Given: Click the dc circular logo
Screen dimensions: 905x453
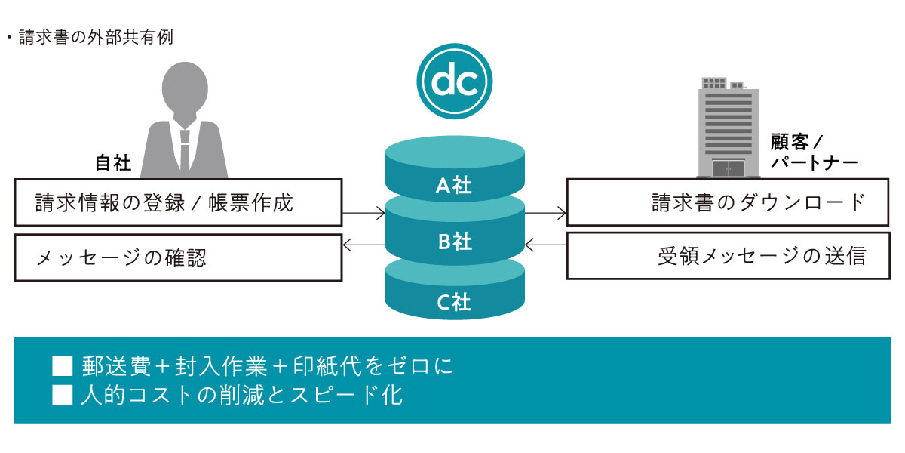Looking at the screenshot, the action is pyautogui.click(x=455, y=82).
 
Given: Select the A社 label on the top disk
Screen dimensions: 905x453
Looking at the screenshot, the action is pyautogui.click(x=454, y=185).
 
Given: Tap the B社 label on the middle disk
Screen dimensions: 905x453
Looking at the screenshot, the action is pyautogui.click(x=455, y=242).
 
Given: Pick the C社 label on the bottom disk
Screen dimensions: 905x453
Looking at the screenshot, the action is pyautogui.click(x=454, y=302).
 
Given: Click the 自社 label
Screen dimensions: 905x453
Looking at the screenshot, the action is pyautogui.click(x=113, y=163).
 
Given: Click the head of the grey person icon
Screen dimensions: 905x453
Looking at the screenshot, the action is pyautogui.click(x=185, y=89).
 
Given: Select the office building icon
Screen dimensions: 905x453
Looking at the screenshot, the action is pyautogui.click(x=729, y=128).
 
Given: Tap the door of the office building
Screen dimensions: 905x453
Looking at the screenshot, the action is pyautogui.click(x=729, y=168).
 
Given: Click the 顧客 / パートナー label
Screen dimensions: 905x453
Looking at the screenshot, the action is pyautogui.click(x=814, y=152).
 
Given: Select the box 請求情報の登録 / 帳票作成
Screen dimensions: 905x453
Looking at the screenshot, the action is pyautogui.click(x=178, y=202).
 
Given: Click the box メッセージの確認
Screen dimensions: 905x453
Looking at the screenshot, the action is pyautogui.click(x=178, y=257).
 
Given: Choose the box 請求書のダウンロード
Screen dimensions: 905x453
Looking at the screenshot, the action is pyautogui.click(x=728, y=202).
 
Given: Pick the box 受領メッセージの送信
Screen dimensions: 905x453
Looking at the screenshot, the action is pyautogui.click(x=729, y=256).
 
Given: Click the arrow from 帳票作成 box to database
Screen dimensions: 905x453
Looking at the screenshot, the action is pyautogui.click(x=364, y=213).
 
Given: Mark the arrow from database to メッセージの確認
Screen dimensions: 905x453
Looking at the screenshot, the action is pyautogui.click(x=364, y=245).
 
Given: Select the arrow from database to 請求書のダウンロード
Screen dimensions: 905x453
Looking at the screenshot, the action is pyautogui.click(x=545, y=213).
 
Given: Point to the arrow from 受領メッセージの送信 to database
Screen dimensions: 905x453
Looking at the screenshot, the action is pyautogui.click(x=545, y=245).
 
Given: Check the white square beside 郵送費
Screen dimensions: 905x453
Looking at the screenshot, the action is pyautogui.click(x=62, y=366).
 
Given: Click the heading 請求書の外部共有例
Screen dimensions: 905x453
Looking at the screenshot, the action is pyautogui.click(x=97, y=37).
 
